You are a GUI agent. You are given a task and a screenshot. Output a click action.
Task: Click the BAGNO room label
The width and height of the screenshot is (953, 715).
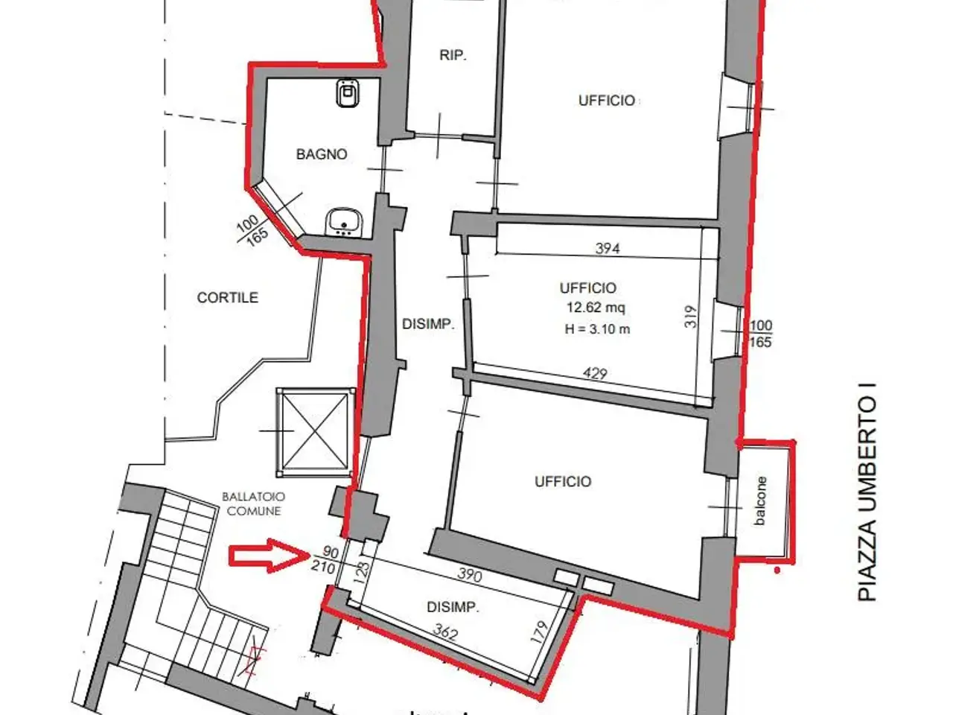coord(322,154)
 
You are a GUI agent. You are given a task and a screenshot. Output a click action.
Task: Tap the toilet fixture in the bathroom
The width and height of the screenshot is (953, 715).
coord(347,93)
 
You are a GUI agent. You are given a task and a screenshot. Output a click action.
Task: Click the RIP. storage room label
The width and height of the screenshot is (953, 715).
coord(453,56)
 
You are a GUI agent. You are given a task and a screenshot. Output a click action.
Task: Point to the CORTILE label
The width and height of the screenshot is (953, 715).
coord(228,297)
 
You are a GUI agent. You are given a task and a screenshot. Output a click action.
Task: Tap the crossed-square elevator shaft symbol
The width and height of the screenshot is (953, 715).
coord(315,433)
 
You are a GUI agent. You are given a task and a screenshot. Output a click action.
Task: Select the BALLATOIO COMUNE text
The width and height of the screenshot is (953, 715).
coord(254,504)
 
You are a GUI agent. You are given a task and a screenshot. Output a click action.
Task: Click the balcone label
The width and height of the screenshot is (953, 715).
coord(760,501)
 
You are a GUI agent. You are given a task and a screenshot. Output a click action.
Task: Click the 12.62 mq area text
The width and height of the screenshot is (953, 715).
coord(596,308)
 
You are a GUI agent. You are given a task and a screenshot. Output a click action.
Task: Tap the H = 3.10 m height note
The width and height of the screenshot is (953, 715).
coord(597,329)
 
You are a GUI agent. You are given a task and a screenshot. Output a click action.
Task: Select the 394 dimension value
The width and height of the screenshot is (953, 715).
coord(608,248)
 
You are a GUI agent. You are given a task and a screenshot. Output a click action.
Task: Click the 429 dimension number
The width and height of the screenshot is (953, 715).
coord(595,373)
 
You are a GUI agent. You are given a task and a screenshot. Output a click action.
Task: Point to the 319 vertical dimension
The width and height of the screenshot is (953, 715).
coord(691,317)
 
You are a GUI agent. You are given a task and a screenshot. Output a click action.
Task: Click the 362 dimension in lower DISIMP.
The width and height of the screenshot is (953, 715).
coord(445,632)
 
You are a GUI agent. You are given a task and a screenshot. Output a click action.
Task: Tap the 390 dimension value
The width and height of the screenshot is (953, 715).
coord(470,575)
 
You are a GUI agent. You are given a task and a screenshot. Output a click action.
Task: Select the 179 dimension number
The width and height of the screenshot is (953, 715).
coord(539,632)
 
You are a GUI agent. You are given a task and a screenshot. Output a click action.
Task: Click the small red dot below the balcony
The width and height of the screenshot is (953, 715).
coord(777,571)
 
